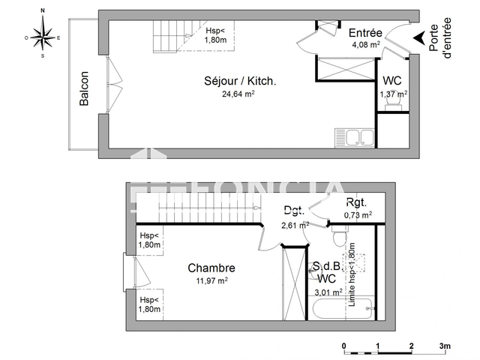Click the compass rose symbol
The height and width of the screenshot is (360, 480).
point(43,34)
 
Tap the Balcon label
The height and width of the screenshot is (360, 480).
point(84,88)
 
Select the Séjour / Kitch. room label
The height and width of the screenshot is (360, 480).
point(240,81)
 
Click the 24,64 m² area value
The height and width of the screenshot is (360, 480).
point(238,94)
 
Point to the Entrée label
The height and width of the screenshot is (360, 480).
point(366,33)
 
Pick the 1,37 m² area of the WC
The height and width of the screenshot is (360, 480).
point(393,94)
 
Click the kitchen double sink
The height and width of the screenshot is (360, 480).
point(355,138)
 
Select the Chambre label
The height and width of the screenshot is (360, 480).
point(211,268)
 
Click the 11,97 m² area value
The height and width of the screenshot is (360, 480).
point(211,280)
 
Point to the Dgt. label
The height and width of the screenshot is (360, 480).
point(293,211)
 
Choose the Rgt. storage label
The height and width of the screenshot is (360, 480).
point(356,203)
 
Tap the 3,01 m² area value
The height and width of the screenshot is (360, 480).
point(328,292)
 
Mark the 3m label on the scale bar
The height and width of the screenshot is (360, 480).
point(445,346)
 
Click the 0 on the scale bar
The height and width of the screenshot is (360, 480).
point(343,346)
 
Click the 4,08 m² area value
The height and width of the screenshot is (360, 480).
point(367,44)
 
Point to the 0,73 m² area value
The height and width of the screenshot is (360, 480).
point(358,215)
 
